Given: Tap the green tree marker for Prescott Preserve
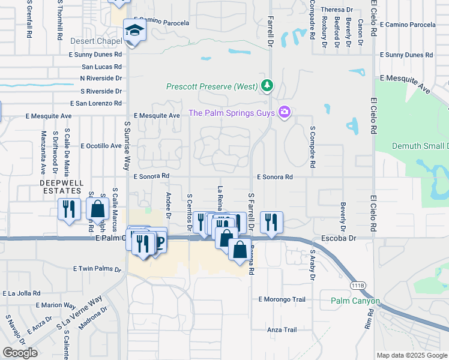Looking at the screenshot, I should pos(267,86).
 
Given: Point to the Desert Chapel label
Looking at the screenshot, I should pos(95,41).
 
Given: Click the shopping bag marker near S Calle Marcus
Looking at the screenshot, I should pos(97,209).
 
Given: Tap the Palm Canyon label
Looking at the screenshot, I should pos(355,301).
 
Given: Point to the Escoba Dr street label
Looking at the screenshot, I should pos(340,238).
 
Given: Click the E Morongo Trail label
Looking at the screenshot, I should pos(282,299).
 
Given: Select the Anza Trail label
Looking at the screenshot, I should pos(282,329).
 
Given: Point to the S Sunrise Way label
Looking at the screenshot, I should pos(127,145).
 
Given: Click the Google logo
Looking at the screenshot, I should pos(20,353).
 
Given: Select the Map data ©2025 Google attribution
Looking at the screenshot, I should pos(412,355).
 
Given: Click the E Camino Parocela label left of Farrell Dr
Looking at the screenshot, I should pos(161,23).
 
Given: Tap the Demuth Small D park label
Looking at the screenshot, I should pos(420,146).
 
